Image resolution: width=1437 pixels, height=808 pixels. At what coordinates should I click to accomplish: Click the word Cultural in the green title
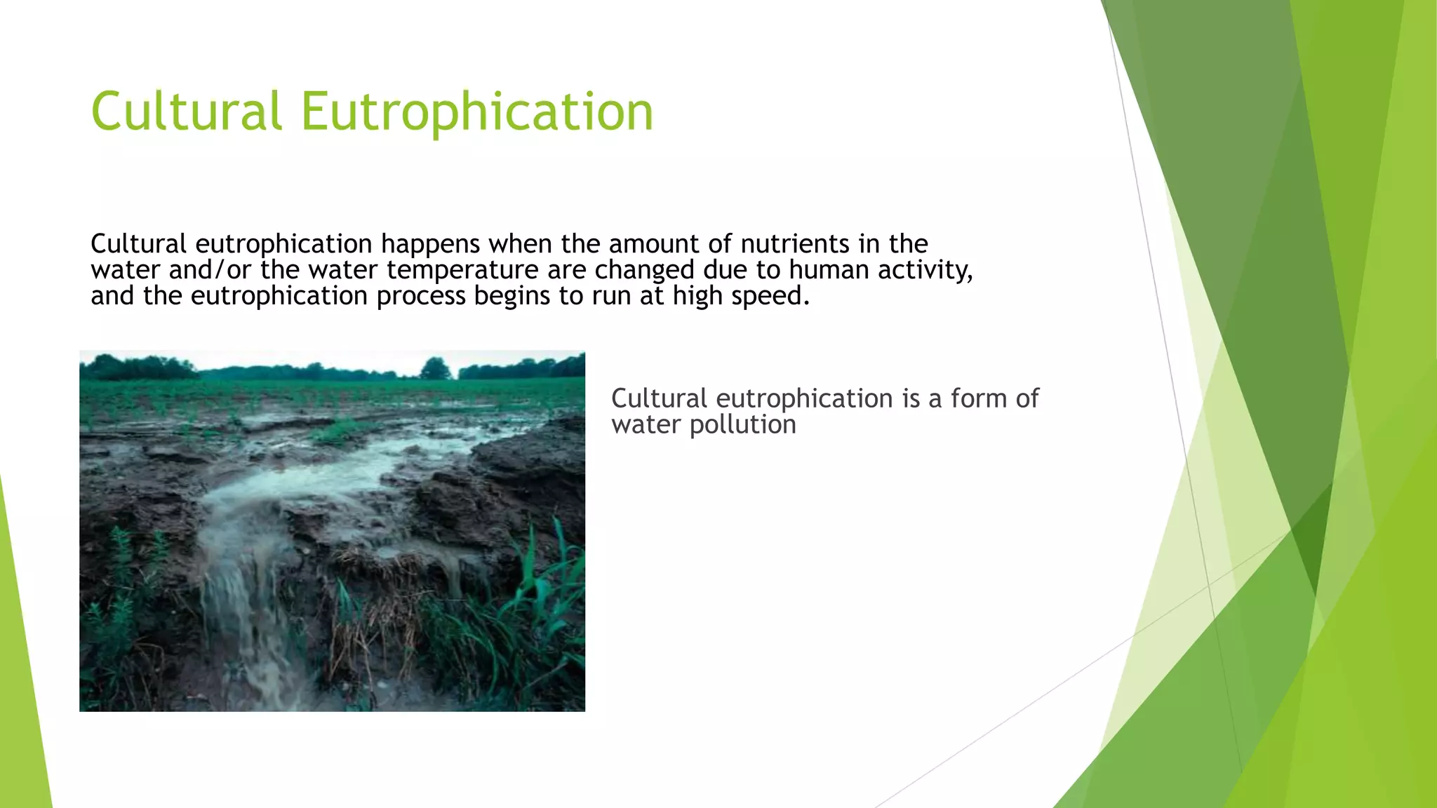tap(186, 111)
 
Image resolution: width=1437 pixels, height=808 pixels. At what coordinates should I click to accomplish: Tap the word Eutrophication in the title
tap(476, 112)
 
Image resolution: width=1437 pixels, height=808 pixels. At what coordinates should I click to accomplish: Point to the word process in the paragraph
tap(420, 296)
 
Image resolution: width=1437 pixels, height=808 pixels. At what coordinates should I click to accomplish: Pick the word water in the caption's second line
tap(646, 424)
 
